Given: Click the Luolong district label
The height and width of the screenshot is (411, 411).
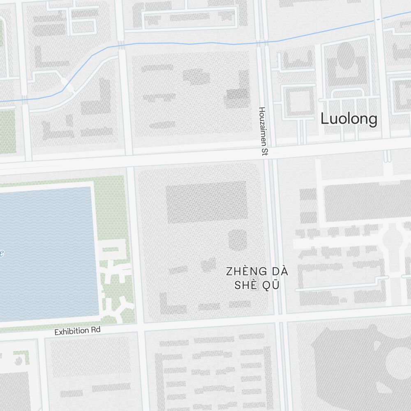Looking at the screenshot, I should click(349, 119).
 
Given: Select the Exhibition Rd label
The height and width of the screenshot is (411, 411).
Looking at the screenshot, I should click(77, 331).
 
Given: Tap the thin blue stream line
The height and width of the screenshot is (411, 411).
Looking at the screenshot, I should click(185, 43).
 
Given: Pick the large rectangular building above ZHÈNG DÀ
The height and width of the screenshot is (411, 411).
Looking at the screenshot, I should click(207, 202).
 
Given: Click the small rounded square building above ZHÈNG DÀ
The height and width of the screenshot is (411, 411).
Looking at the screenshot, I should click(238, 240).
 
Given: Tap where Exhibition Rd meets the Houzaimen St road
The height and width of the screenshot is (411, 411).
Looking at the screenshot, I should click(281, 318).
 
